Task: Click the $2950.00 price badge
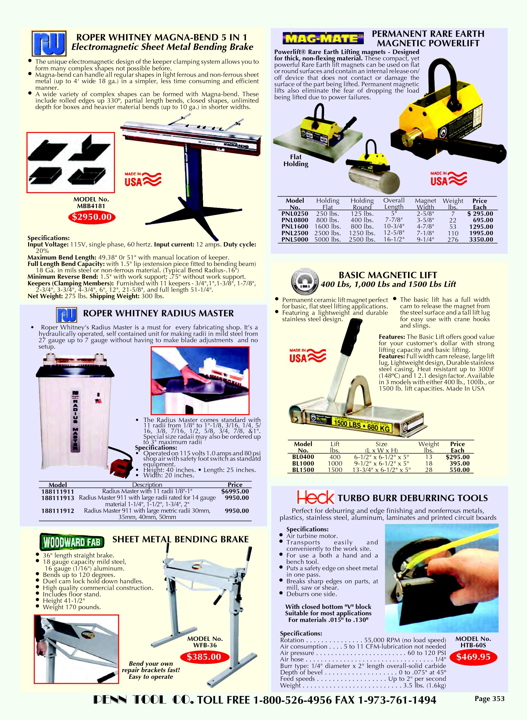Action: (92, 217)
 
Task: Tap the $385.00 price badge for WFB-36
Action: (204, 657)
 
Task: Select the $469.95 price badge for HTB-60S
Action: (473, 657)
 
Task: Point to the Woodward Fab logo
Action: (72, 542)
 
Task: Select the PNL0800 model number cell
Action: (295, 220)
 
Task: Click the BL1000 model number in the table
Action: (303, 463)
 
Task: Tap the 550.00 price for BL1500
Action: (460, 470)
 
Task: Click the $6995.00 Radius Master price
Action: (235, 491)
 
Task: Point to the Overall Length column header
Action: (394, 204)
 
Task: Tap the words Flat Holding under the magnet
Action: (296, 160)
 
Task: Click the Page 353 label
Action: (489, 698)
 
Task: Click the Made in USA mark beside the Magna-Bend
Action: (142, 179)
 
